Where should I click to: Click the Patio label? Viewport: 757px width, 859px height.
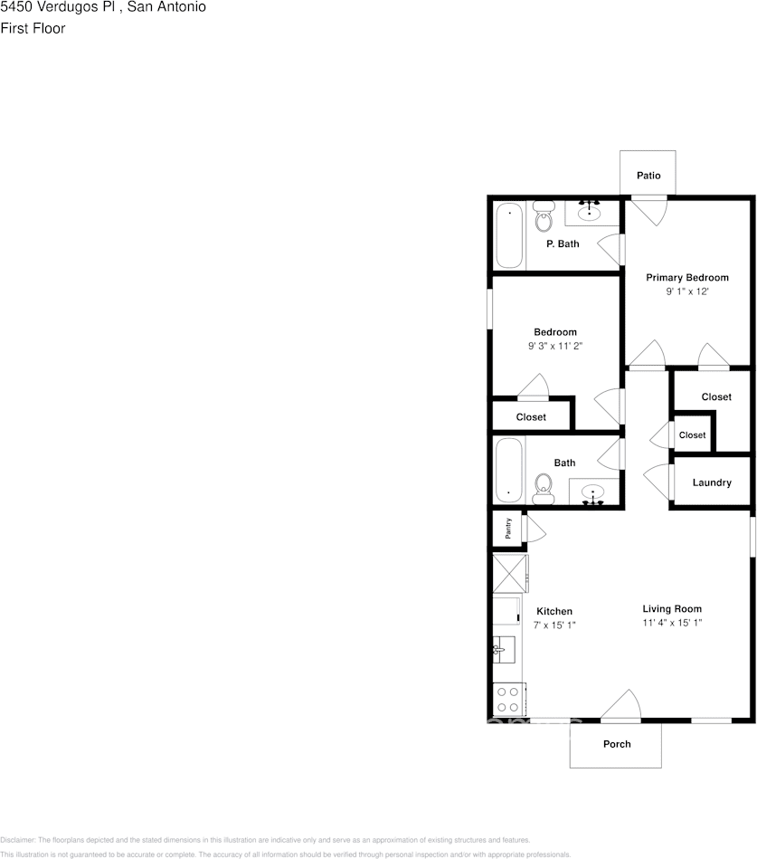pyautogui.click(x=648, y=176)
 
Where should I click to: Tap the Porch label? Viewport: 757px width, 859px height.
pyautogui.click(x=617, y=744)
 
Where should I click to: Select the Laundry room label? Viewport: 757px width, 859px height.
pyautogui.click(x=712, y=482)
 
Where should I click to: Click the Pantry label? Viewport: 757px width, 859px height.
pyautogui.click(x=508, y=529)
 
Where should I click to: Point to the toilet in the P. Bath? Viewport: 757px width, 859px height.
pyautogui.click(x=544, y=219)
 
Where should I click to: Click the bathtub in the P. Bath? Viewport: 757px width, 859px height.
pyautogui.click(x=509, y=234)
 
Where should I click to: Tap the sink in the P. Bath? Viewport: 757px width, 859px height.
pyautogui.click(x=590, y=213)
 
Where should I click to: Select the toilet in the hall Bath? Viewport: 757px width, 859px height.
pyautogui.click(x=544, y=488)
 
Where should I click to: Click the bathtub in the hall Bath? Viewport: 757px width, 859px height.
pyautogui.click(x=509, y=471)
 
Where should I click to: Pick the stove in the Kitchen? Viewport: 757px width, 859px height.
pyautogui.click(x=508, y=699)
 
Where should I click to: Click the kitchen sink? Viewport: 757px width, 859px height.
pyautogui.click(x=502, y=649)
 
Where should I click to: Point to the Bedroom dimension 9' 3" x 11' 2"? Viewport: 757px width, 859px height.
pyautogui.click(x=554, y=346)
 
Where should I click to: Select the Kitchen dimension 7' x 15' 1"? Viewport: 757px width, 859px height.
pyautogui.click(x=554, y=625)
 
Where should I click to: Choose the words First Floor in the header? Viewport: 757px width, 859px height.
pyautogui.click(x=33, y=28)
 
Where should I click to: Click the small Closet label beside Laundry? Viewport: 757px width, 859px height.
pyautogui.click(x=692, y=435)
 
